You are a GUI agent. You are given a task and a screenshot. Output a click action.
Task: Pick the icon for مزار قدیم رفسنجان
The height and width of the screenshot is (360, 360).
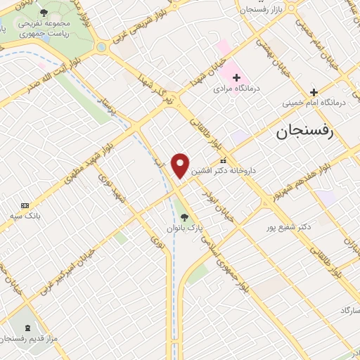click(x=28, y=328)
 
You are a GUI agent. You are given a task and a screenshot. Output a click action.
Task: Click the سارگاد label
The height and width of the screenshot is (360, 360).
click(x=349, y=310)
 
